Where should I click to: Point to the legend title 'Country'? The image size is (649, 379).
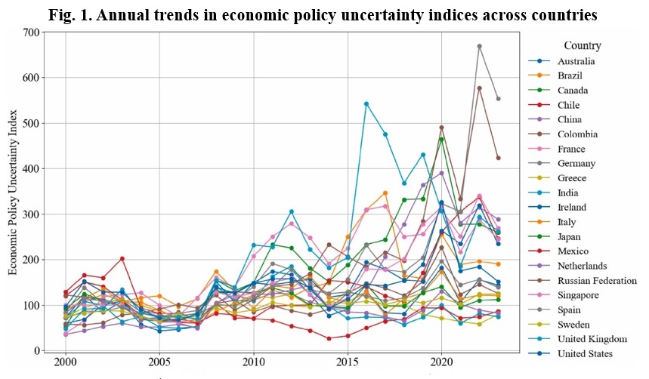point(582,45)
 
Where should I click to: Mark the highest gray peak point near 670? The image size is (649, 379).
point(480,46)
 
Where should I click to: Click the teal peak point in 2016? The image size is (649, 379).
point(366,103)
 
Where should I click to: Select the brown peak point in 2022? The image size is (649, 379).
point(480,88)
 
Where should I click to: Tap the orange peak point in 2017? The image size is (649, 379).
point(385,193)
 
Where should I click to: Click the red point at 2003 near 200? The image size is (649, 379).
point(122,259)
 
